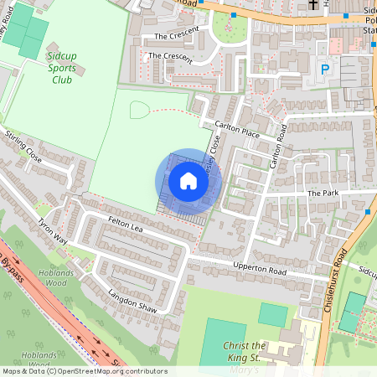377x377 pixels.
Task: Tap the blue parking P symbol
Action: (x=325, y=70)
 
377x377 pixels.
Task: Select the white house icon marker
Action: (x=188, y=181)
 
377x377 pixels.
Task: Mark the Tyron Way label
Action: (x=52, y=231)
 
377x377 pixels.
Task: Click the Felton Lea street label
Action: (x=126, y=225)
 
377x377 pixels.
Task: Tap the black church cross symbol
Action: (x=314, y=4)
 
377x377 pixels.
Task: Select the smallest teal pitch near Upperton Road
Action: (x=273, y=315)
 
